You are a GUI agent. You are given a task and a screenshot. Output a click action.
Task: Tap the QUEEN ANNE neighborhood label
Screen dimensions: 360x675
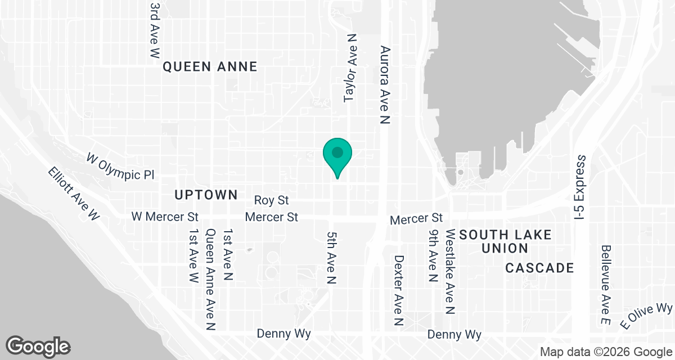click(210, 67)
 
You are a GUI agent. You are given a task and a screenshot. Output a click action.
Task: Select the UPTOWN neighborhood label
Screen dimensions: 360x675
click(206, 195)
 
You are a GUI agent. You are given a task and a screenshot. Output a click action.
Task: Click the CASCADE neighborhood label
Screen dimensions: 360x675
click(539, 268)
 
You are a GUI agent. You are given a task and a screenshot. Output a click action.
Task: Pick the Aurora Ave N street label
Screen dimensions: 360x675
click(385, 84)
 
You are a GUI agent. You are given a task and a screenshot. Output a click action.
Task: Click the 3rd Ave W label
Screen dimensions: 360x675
click(155, 30)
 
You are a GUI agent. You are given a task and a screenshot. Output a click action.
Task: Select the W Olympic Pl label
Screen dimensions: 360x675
click(120, 166)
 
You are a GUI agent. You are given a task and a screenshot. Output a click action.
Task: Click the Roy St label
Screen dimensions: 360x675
click(271, 200)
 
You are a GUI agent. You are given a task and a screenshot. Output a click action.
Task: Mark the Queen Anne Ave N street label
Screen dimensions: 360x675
click(211, 279)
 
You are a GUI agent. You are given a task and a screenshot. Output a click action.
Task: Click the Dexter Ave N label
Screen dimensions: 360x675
click(399, 291)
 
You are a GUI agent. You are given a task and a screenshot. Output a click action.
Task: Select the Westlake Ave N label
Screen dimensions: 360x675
click(450, 271)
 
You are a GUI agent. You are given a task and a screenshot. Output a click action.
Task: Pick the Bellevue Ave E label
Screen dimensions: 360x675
click(606, 284)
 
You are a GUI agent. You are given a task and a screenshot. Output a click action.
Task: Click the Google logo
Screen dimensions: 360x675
click(38, 346)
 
